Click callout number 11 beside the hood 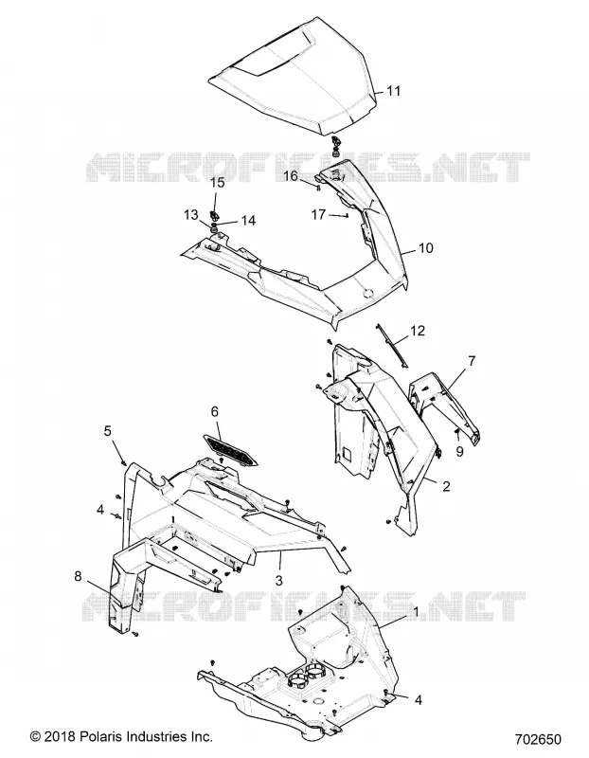click(x=394, y=90)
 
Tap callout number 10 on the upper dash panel click(x=425, y=248)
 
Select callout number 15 click(x=218, y=182)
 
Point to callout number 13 click(x=191, y=214)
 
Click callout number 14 click(x=248, y=221)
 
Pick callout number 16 click(x=291, y=175)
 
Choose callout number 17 click(x=318, y=214)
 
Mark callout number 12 click(x=418, y=331)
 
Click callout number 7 click(x=472, y=361)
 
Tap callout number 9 click(x=459, y=451)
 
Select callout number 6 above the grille click(x=215, y=411)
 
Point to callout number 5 click(x=107, y=430)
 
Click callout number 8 click(x=78, y=576)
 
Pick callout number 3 click(x=278, y=580)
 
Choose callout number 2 click(x=446, y=486)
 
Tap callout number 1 click(x=416, y=612)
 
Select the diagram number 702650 click(x=538, y=740)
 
